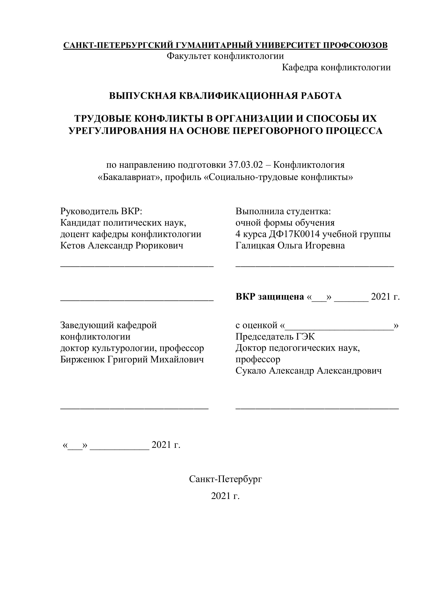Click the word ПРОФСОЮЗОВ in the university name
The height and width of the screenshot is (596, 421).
click(355, 45)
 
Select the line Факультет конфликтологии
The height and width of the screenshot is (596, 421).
click(225, 56)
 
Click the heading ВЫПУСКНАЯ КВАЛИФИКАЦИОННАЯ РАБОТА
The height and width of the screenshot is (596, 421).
click(225, 96)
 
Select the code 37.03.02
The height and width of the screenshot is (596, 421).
click(246, 165)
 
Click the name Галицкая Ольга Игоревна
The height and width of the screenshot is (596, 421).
click(290, 245)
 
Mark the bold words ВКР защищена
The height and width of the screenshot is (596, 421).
click(270, 296)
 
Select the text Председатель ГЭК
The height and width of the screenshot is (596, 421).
click(275, 337)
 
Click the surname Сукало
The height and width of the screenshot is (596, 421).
click(251, 371)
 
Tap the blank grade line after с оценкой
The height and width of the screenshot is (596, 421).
click(339, 328)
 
